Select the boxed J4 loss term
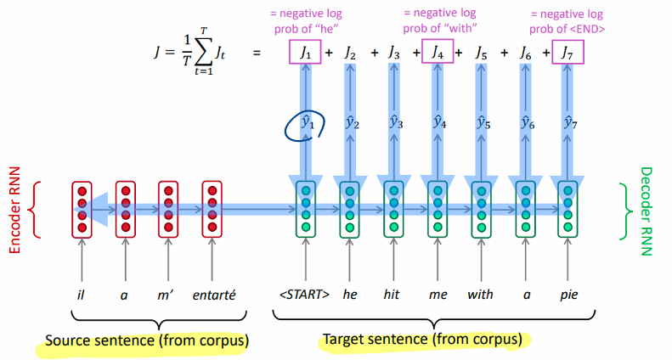(437, 53)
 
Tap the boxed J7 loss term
(568, 53)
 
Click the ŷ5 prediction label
(481, 124)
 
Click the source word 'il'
(81, 295)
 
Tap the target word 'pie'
(568, 295)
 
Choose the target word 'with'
(480, 295)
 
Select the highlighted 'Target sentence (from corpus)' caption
(421, 340)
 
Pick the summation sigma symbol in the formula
(202, 54)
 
